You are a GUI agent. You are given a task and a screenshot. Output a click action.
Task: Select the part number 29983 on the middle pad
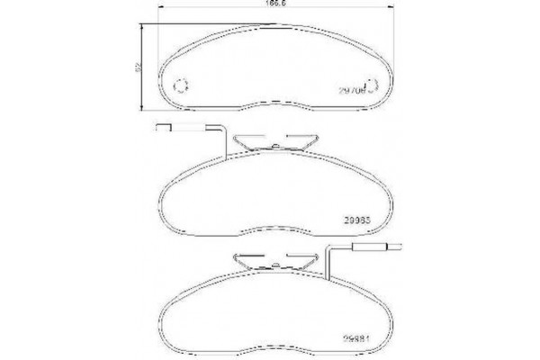pos(359,217)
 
